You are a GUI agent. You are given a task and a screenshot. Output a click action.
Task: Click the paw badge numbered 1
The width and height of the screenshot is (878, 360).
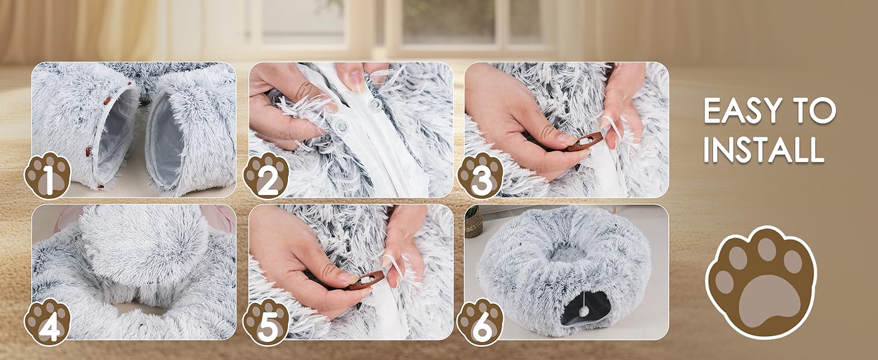[47, 175]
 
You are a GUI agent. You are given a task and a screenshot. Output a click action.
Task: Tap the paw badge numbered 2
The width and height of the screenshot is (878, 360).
[266, 175]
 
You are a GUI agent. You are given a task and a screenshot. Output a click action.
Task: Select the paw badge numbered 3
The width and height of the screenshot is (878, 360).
[480, 175]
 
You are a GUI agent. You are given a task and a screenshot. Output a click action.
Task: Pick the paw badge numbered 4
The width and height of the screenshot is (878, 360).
[47, 322]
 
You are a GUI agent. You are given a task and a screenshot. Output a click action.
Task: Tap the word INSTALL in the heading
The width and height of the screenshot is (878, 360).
[763, 149]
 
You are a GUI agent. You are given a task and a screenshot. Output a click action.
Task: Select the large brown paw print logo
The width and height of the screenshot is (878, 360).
[761, 282]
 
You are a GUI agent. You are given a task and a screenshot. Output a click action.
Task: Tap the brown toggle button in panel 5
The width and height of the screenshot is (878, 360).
[366, 280]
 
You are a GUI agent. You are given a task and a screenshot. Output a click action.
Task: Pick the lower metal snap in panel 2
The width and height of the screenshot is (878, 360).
[342, 126]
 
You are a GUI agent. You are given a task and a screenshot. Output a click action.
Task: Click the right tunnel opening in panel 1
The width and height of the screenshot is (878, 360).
[164, 140]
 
